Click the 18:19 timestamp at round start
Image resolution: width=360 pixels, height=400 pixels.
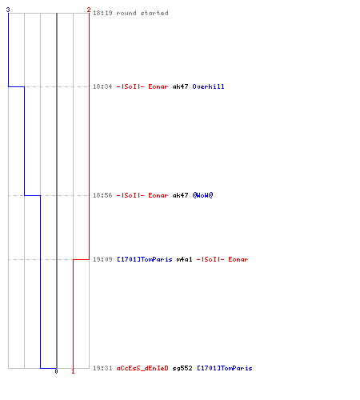coord(102,13)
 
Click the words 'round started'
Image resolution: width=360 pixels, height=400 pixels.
coord(142,13)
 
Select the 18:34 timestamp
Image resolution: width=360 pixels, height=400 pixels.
coord(102,86)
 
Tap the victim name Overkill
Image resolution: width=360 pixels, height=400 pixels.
coord(208,86)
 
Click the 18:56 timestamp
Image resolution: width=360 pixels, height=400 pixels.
coord(102,195)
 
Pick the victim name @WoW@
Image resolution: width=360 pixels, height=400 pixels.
coord(202,195)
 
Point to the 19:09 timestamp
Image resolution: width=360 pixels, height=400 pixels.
coord(102,259)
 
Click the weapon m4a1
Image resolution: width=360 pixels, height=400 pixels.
coord(184,259)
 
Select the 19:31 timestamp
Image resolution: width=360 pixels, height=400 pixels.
coord(102,368)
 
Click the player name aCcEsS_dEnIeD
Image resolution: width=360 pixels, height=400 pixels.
coord(142,368)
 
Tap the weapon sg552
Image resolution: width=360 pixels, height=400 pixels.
coord(182,368)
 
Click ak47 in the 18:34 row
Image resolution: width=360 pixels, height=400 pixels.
coord(181,86)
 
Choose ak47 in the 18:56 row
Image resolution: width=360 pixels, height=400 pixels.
coord(181,195)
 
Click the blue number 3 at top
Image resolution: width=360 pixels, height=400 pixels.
coord(8,10)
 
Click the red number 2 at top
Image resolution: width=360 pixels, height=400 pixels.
coord(89,10)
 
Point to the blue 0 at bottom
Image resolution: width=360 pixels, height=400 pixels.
coord(56,371)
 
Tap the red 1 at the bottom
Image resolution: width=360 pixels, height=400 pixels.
coord(73,371)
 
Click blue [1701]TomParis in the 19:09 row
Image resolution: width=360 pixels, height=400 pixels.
coord(145,259)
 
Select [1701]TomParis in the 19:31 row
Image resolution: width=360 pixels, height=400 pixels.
coord(225,368)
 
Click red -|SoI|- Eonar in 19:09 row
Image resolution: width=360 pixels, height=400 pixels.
coord(222,259)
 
